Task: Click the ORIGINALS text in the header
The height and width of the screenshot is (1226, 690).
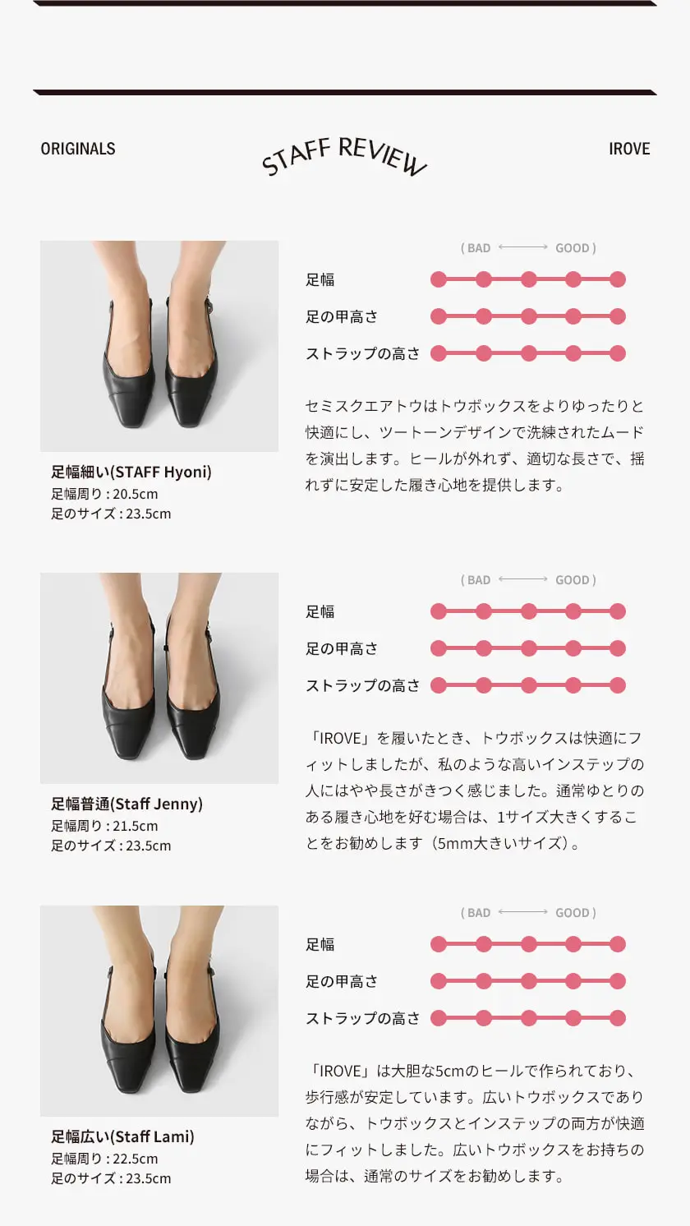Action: click(x=78, y=149)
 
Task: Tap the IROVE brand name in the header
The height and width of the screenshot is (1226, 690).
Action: click(x=629, y=149)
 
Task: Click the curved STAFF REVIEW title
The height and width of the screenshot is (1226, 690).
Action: click(x=343, y=156)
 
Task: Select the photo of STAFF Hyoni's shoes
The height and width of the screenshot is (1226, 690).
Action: click(x=159, y=346)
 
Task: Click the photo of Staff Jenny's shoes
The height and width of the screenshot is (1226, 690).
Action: click(x=159, y=678)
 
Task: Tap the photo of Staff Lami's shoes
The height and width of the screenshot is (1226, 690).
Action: click(x=159, y=1011)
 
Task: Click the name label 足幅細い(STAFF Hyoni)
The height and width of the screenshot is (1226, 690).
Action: click(x=131, y=472)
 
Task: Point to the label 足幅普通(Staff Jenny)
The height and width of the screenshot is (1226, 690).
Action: click(x=127, y=804)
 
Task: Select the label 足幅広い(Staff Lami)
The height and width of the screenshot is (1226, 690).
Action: click(x=122, y=1136)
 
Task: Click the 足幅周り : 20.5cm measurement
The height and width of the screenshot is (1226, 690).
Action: click(x=104, y=494)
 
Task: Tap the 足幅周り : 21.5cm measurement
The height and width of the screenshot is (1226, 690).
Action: click(x=104, y=826)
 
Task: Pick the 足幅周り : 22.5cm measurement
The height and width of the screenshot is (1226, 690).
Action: click(x=104, y=1159)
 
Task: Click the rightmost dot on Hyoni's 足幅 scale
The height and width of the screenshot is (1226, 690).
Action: click(x=618, y=279)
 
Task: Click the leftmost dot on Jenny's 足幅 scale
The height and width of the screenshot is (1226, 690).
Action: click(x=439, y=611)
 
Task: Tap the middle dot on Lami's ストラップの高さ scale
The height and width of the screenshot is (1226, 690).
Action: click(x=528, y=1018)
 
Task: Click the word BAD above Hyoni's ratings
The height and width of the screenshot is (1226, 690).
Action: click(x=479, y=248)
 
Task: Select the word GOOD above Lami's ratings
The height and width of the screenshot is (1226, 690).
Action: click(x=573, y=912)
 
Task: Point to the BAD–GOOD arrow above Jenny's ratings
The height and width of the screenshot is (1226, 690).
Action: click(x=523, y=579)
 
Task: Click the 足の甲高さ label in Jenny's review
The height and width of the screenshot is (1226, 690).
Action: click(x=342, y=648)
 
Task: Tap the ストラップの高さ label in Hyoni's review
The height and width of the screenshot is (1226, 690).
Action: click(x=363, y=353)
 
